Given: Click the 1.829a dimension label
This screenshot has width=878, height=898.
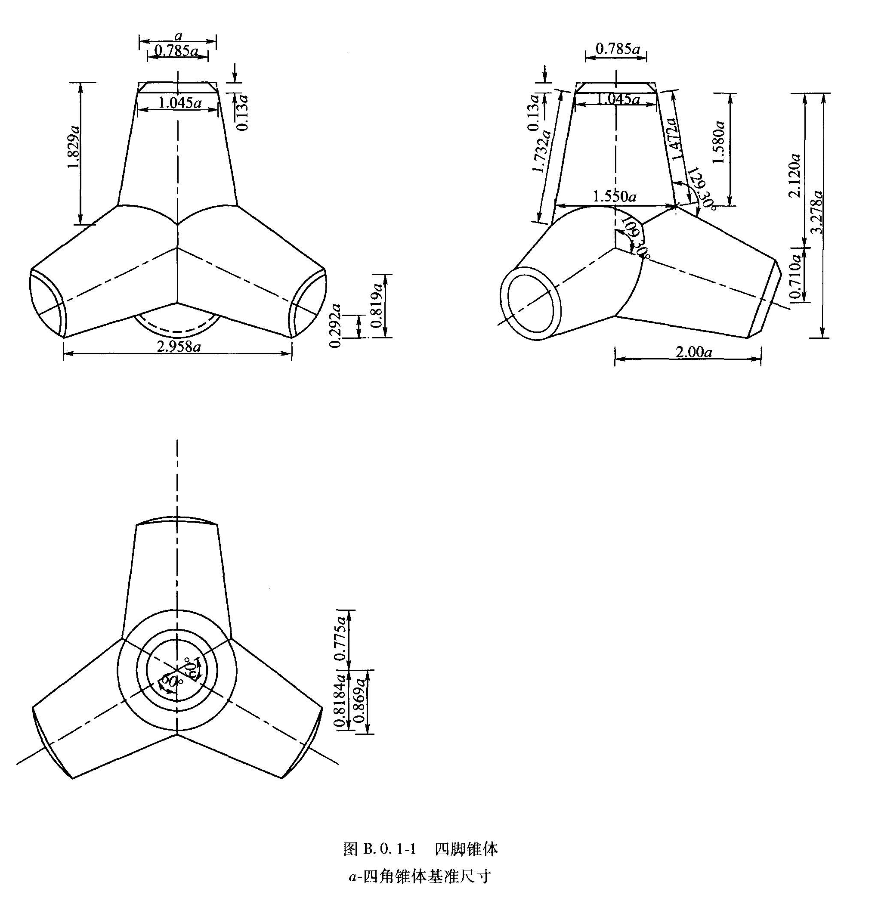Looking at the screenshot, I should click(x=74, y=146).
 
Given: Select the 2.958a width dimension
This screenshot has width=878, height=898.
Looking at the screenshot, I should click(x=179, y=347).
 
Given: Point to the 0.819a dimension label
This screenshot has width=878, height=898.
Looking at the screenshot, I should click(x=377, y=305).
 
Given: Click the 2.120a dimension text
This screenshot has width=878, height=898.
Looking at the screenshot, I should click(x=795, y=175).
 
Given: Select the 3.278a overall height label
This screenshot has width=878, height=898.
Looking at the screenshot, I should click(x=818, y=212).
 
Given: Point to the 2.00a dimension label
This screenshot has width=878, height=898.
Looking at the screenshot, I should click(x=693, y=353).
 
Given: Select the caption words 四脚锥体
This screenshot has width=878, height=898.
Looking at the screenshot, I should click(x=466, y=848).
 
